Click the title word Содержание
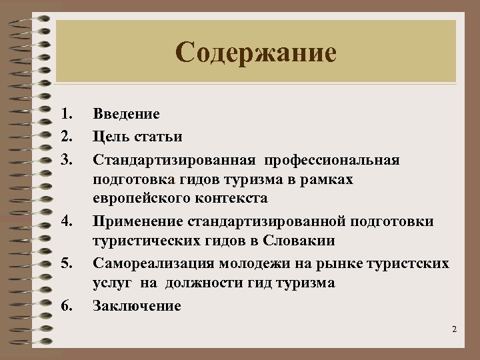click(x=257, y=53)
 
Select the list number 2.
click(x=65, y=137)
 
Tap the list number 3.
click(x=65, y=160)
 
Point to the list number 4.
click(x=65, y=221)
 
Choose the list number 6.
click(x=65, y=306)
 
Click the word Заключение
click(x=137, y=306)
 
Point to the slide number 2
click(x=453, y=330)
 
